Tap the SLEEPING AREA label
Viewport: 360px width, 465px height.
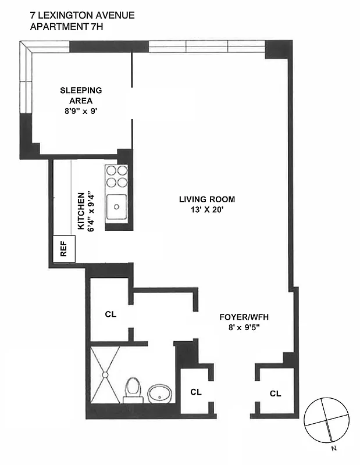click(81, 95)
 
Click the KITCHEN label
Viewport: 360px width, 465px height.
click(82, 212)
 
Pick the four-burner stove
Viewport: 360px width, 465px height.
click(116, 176)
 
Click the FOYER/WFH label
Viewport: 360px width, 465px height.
click(243, 317)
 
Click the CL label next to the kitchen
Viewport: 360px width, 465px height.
click(111, 314)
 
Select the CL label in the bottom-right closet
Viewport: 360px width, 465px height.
click(275, 394)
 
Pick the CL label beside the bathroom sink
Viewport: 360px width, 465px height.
click(196, 392)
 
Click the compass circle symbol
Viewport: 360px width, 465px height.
click(327, 419)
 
